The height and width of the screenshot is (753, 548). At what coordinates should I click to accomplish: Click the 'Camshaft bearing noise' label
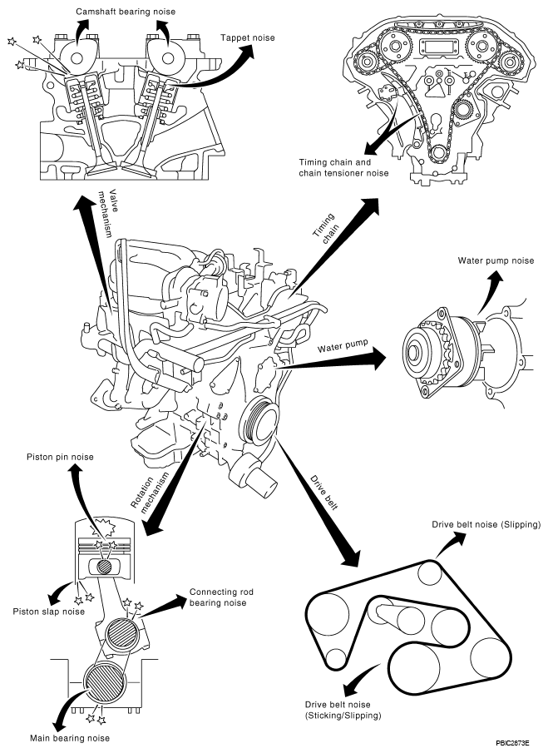tap(126, 11)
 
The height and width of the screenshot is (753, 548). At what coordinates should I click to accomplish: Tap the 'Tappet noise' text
tap(248, 37)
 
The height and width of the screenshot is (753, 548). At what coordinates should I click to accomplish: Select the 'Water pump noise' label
tap(496, 260)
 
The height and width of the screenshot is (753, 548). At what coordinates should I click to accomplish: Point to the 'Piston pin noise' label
tap(60, 457)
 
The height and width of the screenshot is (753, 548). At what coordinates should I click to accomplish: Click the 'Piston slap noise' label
tap(48, 612)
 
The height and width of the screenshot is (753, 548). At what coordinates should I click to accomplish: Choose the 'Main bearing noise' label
tap(70, 738)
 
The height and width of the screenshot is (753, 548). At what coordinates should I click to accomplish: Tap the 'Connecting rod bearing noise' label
tap(221, 597)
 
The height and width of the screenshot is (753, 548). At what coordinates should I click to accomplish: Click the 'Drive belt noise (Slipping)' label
tap(486, 524)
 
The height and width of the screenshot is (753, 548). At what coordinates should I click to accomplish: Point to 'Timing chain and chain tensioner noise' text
tap(343, 167)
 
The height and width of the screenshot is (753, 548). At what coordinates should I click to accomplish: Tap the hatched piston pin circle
tap(106, 567)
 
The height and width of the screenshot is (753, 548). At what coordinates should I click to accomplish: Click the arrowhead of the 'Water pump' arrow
tap(376, 359)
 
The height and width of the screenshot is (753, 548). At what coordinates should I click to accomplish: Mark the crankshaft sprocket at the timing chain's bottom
tap(438, 154)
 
